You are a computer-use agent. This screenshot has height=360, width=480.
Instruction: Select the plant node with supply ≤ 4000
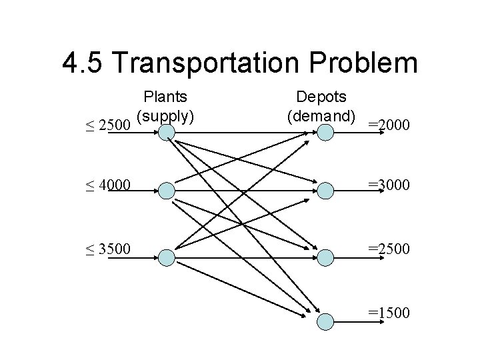165,191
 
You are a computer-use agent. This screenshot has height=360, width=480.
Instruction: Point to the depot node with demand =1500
325,321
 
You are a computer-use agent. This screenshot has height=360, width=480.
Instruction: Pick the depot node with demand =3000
325,191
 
